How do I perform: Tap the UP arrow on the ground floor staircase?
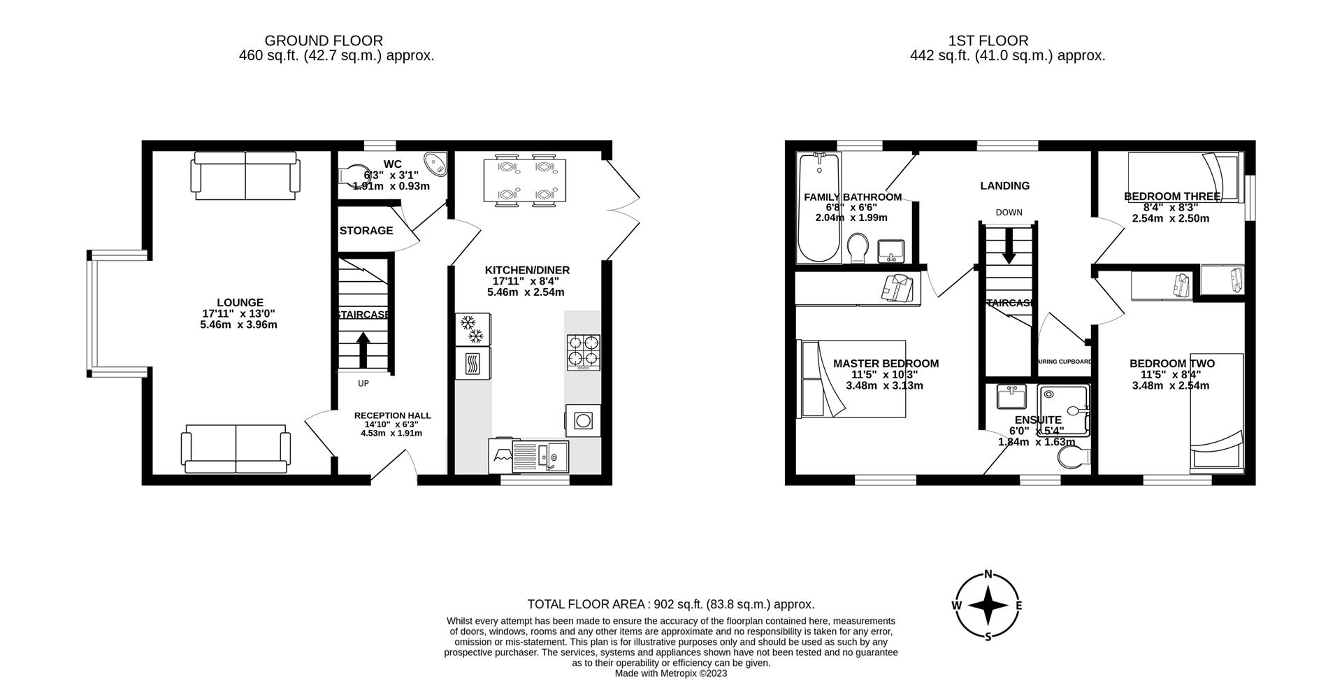(363, 350)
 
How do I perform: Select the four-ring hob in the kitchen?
(583, 352)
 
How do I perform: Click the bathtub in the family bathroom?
(819, 210)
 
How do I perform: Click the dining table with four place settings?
(525, 180)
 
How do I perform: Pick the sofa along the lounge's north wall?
(246, 178)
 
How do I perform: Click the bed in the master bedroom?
(853, 379)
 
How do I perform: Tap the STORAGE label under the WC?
(366, 231)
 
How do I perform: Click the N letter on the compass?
(988, 575)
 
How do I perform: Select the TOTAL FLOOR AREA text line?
(670, 604)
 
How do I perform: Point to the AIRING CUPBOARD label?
(1063, 362)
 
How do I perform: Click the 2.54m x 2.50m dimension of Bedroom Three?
(1170, 218)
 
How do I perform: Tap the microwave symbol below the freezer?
(472, 363)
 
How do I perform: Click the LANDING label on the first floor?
(1004, 186)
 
